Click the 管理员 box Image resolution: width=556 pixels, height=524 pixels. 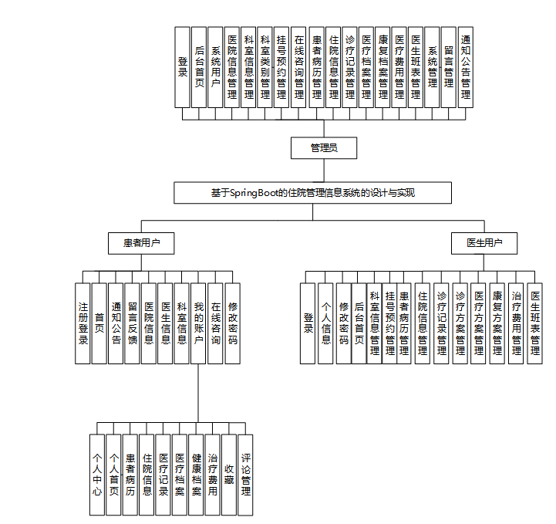(x=323, y=147)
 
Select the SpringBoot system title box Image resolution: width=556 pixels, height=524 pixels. (x=312, y=193)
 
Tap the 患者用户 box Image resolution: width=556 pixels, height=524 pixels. (x=141, y=243)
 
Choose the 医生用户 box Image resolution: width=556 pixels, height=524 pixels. (x=484, y=243)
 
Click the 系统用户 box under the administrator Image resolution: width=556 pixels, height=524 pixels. (x=216, y=67)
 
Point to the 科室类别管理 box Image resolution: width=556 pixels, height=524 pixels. (x=265, y=67)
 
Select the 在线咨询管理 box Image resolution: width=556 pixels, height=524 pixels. (x=298, y=67)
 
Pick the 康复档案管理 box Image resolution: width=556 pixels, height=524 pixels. (x=382, y=67)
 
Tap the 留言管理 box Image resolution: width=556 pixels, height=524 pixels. (x=449, y=67)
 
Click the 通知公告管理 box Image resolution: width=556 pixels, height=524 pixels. (x=466, y=67)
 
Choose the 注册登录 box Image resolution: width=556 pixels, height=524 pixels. (x=83, y=323)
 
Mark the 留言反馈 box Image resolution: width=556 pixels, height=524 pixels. (x=133, y=323)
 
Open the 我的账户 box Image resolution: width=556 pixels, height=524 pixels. (x=199, y=323)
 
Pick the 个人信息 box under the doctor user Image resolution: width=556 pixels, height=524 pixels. (x=326, y=323)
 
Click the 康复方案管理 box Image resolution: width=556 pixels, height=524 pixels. (x=497, y=323)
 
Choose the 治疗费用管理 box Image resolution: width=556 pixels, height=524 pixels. (x=517, y=323)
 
